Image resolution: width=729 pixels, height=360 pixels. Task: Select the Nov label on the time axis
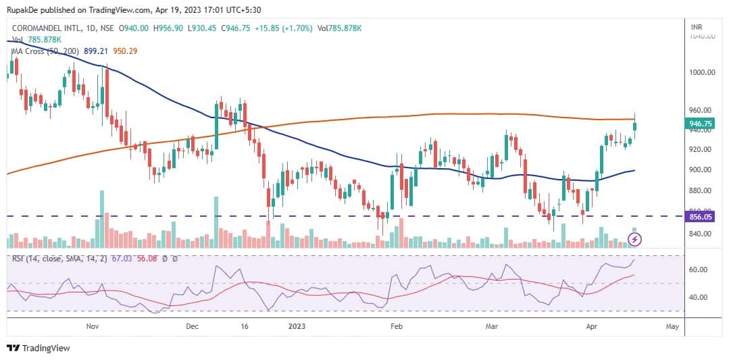pos(93,326)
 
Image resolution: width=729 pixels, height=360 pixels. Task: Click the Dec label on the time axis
pos(192,326)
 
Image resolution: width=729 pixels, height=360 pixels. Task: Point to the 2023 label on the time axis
pos(297,326)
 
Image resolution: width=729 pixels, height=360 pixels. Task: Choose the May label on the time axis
pos(672,326)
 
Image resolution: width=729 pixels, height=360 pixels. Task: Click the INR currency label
pos(697,27)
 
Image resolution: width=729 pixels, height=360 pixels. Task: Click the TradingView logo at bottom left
pos(39,349)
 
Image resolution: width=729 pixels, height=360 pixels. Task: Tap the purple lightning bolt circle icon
pos(634,239)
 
